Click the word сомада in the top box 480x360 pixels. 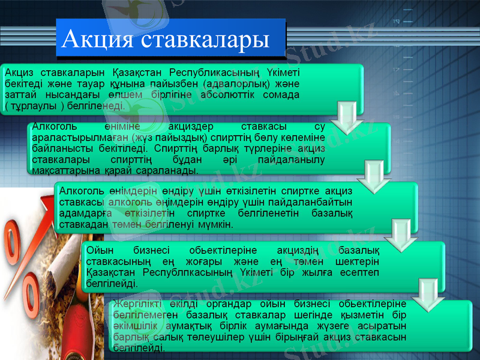[281, 95]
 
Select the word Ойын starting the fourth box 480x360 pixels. [98, 250]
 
